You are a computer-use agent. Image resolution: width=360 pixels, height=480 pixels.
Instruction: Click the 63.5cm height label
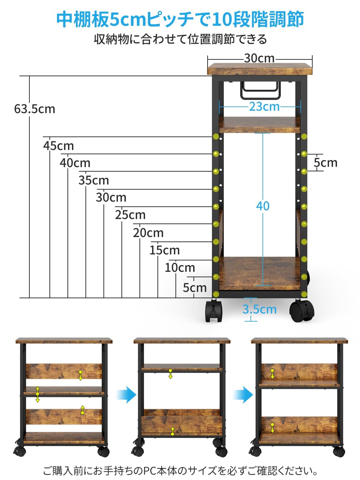click(35, 109)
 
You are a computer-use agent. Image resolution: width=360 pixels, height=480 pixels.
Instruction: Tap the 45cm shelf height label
click(58, 146)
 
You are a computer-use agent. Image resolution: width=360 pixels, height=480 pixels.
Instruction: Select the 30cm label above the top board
click(259, 58)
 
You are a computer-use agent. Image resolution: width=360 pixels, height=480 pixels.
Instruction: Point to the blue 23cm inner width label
click(264, 107)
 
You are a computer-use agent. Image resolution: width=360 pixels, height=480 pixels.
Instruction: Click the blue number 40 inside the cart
click(263, 206)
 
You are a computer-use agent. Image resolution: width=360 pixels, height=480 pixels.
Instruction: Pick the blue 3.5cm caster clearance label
click(259, 309)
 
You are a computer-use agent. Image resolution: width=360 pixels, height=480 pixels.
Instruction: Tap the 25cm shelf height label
click(130, 215)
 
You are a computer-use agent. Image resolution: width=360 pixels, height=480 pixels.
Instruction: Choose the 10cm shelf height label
click(180, 268)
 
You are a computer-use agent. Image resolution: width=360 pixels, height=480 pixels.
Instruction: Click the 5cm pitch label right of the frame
click(325, 163)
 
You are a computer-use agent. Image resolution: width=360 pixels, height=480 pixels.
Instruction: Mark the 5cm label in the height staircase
click(195, 288)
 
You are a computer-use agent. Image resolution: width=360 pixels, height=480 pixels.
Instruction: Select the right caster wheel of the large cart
click(302, 311)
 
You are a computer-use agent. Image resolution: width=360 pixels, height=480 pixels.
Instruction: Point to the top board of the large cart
click(260, 69)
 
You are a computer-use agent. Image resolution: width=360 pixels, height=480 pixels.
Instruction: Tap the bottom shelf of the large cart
click(259, 273)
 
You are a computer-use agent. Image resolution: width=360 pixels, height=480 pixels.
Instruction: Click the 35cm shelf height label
click(94, 181)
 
